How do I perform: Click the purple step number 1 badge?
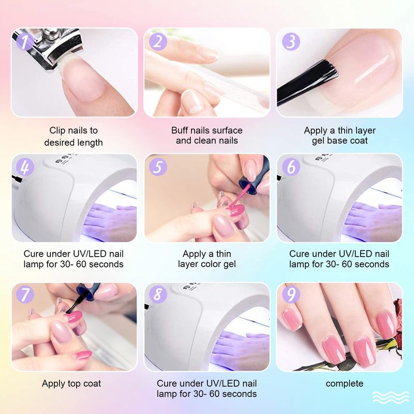[x=25, y=41]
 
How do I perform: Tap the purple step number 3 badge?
[x=291, y=41]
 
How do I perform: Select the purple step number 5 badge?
[x=158, y=167]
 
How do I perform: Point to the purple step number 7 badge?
[x=25, y=294]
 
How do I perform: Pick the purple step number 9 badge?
[x=291, y=294]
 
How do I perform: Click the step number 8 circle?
[x=158, y=294]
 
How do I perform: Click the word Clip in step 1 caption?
[x=57, y=130]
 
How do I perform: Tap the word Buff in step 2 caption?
[x=180, y=130]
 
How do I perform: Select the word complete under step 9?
[x=344, y=383]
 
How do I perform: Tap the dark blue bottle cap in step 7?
[x=88, y=290]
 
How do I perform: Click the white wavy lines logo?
[x=391, y=398]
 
